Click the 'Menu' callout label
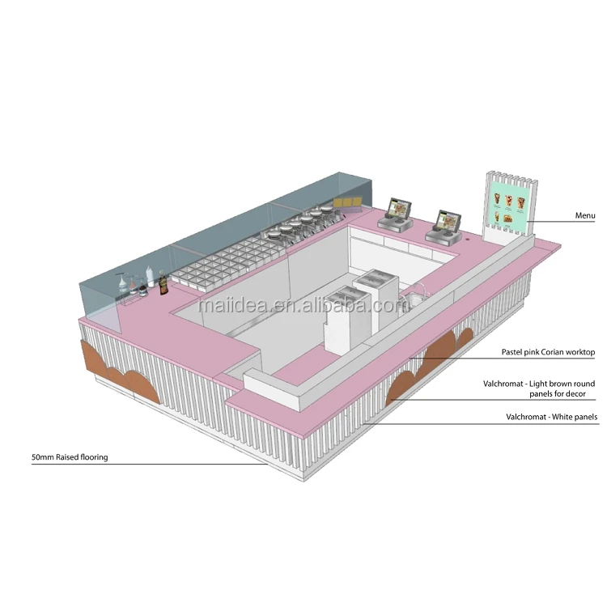(585, 215)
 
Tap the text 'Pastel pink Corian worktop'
(548, 352)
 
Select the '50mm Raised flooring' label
(70, 456)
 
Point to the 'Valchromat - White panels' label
(552, 417)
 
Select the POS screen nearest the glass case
(399, 209)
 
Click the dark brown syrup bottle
(163, 284)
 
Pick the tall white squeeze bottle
(150, 276)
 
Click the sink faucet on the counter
(421, 289)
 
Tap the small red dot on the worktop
(468, 239)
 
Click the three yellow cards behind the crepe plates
(347, 202)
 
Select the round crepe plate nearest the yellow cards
(325, 210)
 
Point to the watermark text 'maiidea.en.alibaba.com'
(303, 305)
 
